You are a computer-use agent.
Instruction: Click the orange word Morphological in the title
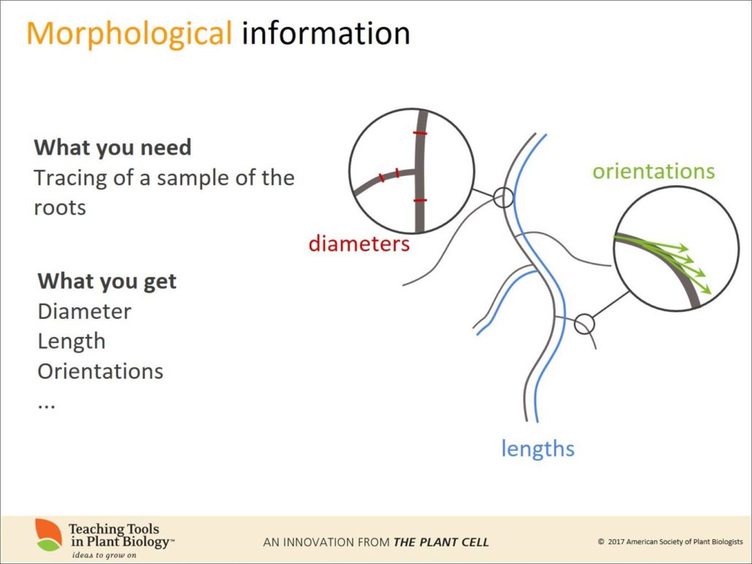[x=128, y=34]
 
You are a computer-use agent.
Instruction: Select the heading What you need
[x=112, y=147]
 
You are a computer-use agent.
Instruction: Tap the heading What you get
[x=107, y=281]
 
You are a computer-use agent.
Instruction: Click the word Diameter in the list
[x=85, y=312]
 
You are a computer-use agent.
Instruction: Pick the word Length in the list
[x=72, y=341]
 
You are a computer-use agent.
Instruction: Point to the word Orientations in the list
[x=100, y=371]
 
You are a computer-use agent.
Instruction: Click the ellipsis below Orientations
[x=46, y=403]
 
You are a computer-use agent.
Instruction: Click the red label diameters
[x=358, y=244]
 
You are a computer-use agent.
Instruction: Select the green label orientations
[x=653, y=171]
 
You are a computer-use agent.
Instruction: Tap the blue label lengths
[x=537, y=448]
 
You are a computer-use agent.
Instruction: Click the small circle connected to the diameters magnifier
[x=503, y=197]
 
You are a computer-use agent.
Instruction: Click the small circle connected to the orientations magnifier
[x=583, y=323]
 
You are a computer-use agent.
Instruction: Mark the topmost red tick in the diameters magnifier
[x=419, y=134]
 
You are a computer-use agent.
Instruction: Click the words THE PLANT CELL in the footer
[x=441, y=542]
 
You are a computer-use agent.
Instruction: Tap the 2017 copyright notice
[x=669, y=542]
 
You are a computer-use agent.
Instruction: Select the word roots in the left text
[x=60, y=208]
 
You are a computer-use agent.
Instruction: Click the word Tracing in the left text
[x=69, y=178]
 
